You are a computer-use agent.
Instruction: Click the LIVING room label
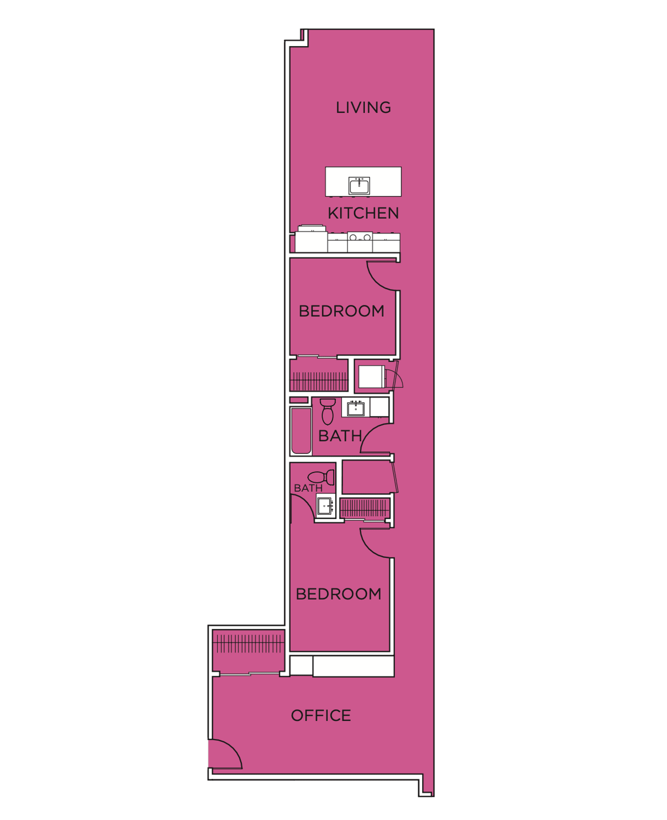pos(363,108)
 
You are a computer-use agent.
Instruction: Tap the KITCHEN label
pos(363,214)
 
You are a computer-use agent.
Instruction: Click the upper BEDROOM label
pos(341,311)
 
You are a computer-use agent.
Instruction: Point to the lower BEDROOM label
pos(338,594)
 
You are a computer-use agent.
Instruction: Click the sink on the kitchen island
pos(359,185)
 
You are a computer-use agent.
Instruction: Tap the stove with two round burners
pos(360,242)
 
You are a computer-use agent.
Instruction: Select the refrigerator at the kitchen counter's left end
pos(311,239)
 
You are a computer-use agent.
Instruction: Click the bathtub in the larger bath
pos(301,431)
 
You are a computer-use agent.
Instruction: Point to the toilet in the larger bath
pos(327,411)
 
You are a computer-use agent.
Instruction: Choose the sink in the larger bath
pos(356,408)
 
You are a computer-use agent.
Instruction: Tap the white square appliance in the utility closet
pos(371,377)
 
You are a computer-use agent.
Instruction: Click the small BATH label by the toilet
pos(308,488)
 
